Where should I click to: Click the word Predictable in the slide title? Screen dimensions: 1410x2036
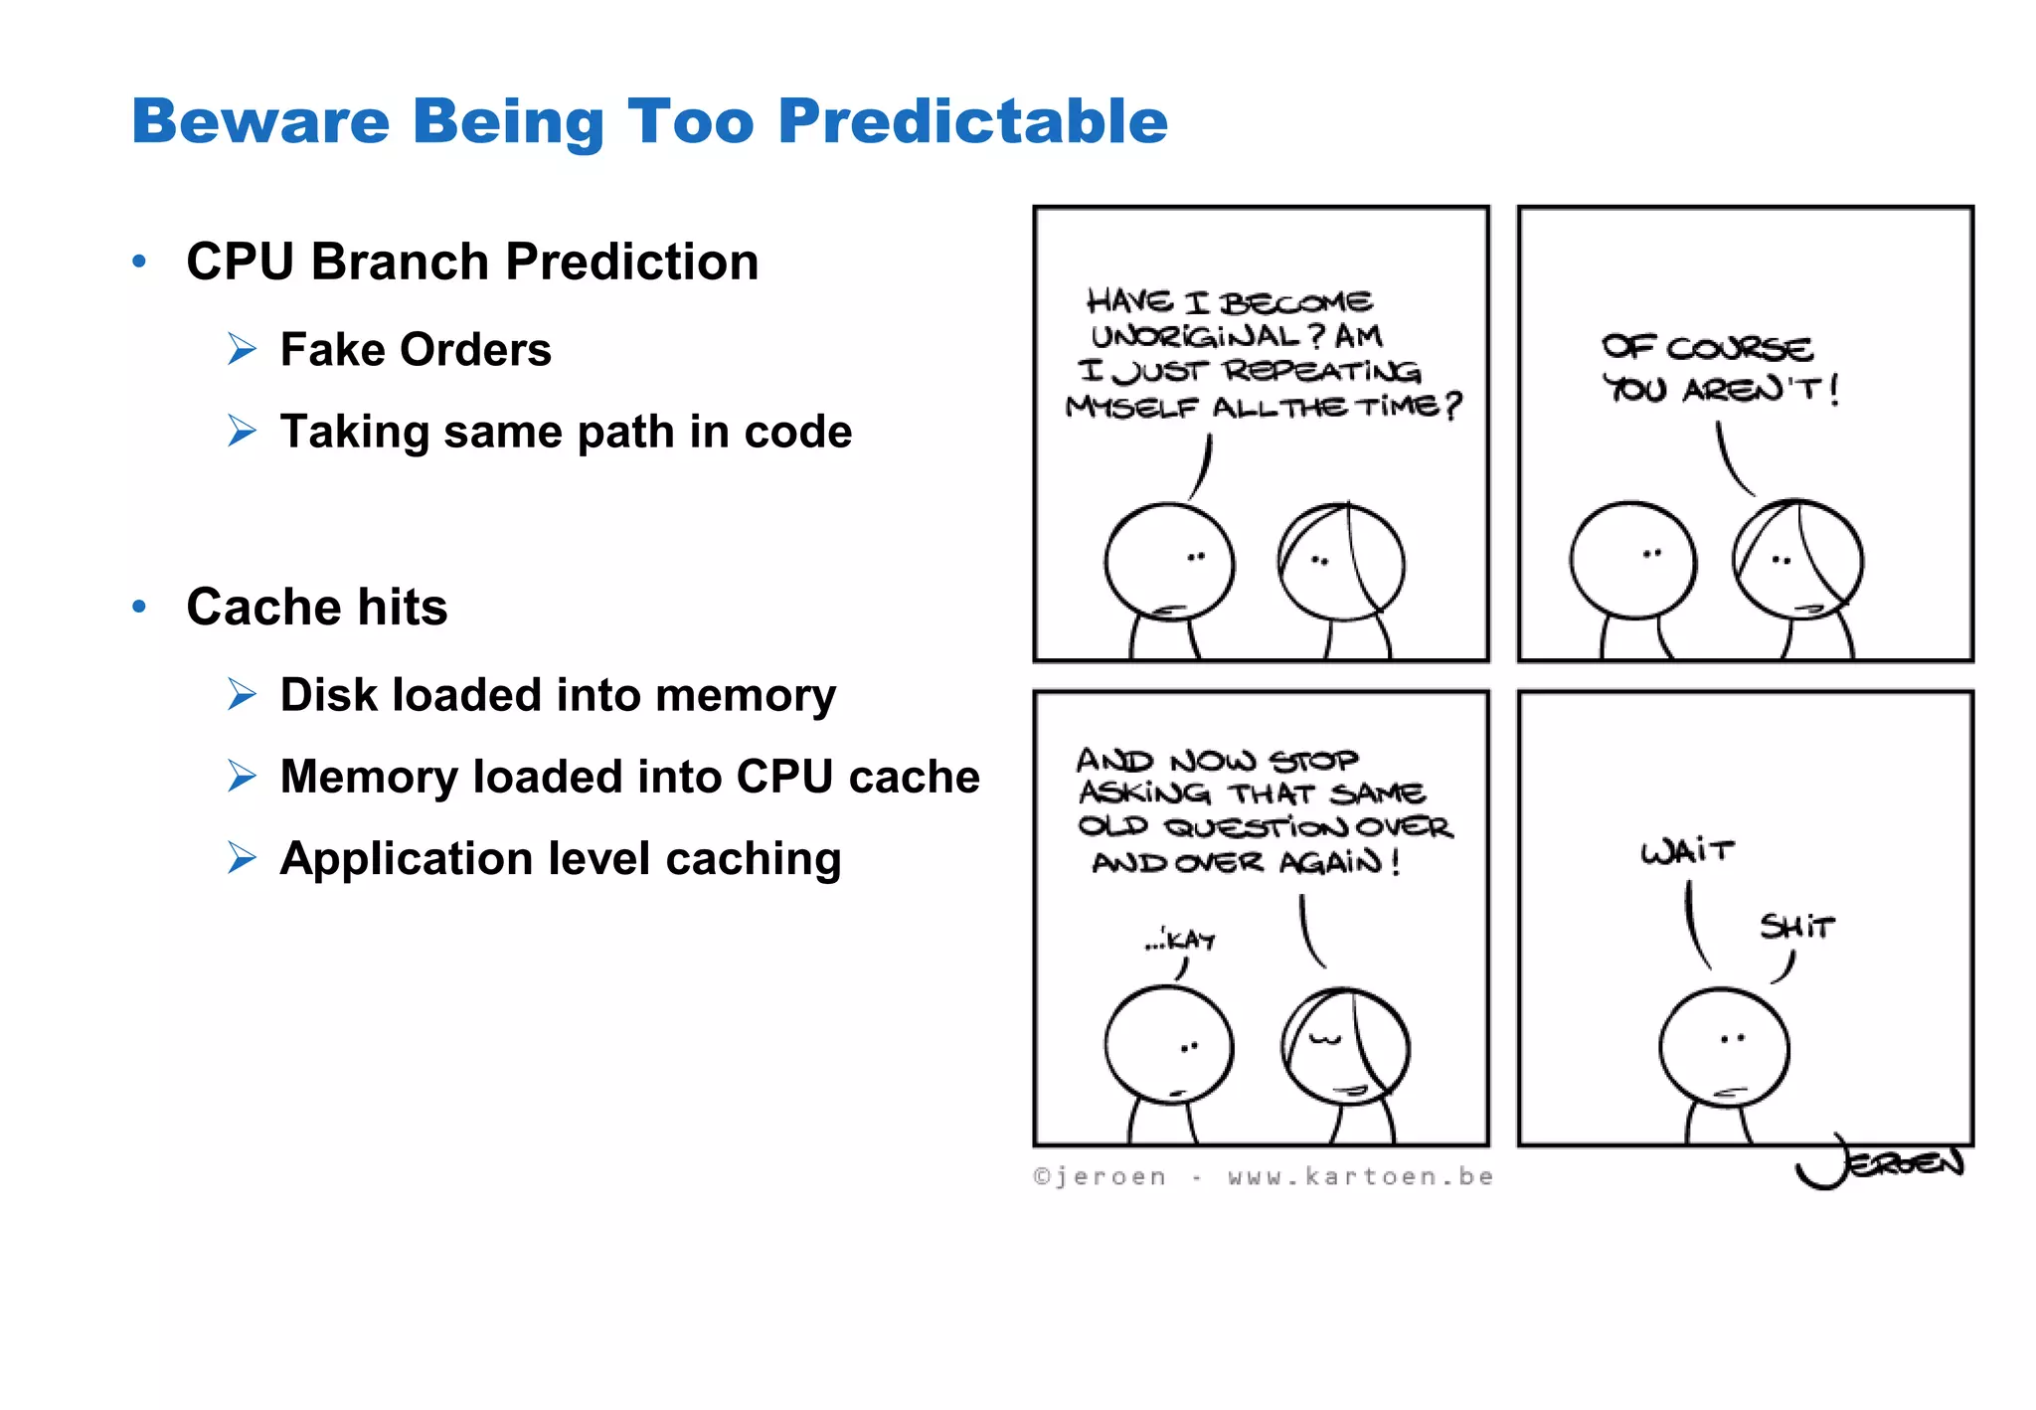pyautogui.click(x=972, y=121)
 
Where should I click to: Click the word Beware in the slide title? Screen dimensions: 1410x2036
pyautogui.click(x=260, y=121)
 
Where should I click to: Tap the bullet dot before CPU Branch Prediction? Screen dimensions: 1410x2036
pyautogui.click(x=139, y=262)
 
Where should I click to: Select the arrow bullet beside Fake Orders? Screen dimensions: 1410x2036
pyautogui.click(x=242, y=349)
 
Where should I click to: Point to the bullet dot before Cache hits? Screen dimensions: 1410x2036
pyautogui.click(x=139, y=607)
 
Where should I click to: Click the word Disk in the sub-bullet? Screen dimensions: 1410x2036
pyautogui.click(x=329, y=694)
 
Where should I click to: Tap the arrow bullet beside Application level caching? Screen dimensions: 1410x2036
pyautogui.click(x=242, y=857)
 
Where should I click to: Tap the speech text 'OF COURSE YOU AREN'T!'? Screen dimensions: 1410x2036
pyautogui.click(x=1718, y=368)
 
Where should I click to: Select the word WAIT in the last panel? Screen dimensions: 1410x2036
pyautogui.click(x=1687, y=851)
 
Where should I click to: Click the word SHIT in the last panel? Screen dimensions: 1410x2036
pyautogui.click(x=1795, y=927)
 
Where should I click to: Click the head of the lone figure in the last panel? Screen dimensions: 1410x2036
pyautogui.click(x=1724, y=1047)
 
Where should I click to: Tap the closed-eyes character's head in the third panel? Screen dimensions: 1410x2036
pyautogui.click(x=1345, y=1046)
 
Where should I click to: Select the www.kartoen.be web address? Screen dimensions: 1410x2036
pyautogui.click(x=1360, y=1177)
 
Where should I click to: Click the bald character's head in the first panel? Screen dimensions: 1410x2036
pyautogui.click(x=1168, y=562)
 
